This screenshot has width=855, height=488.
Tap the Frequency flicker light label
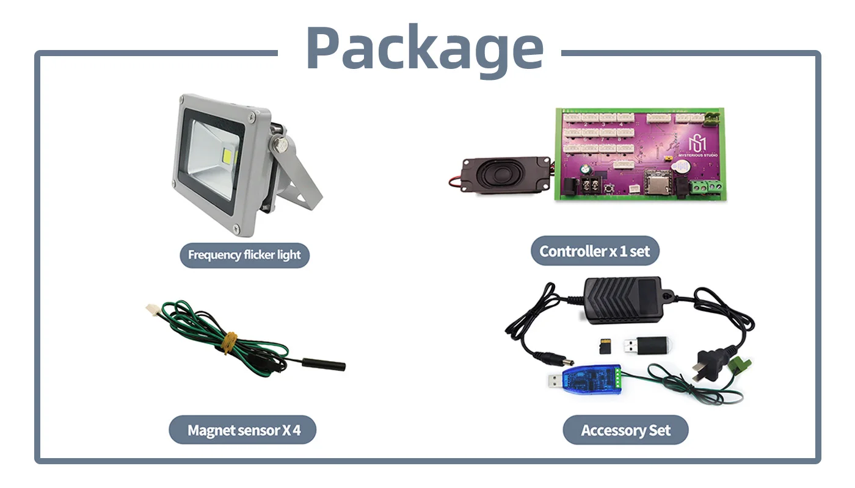(244, 255)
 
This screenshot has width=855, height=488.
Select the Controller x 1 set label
(595, 251)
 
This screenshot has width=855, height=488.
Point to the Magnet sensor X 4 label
(243, 430)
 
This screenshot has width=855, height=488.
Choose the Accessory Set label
(625, 431)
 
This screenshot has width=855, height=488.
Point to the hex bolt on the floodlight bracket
(280, 145)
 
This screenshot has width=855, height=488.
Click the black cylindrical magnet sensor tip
(324, 364)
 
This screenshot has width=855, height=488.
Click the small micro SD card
(605, 346)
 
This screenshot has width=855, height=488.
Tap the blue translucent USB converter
(585, 379)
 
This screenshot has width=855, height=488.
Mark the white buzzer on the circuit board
(680, 167)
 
